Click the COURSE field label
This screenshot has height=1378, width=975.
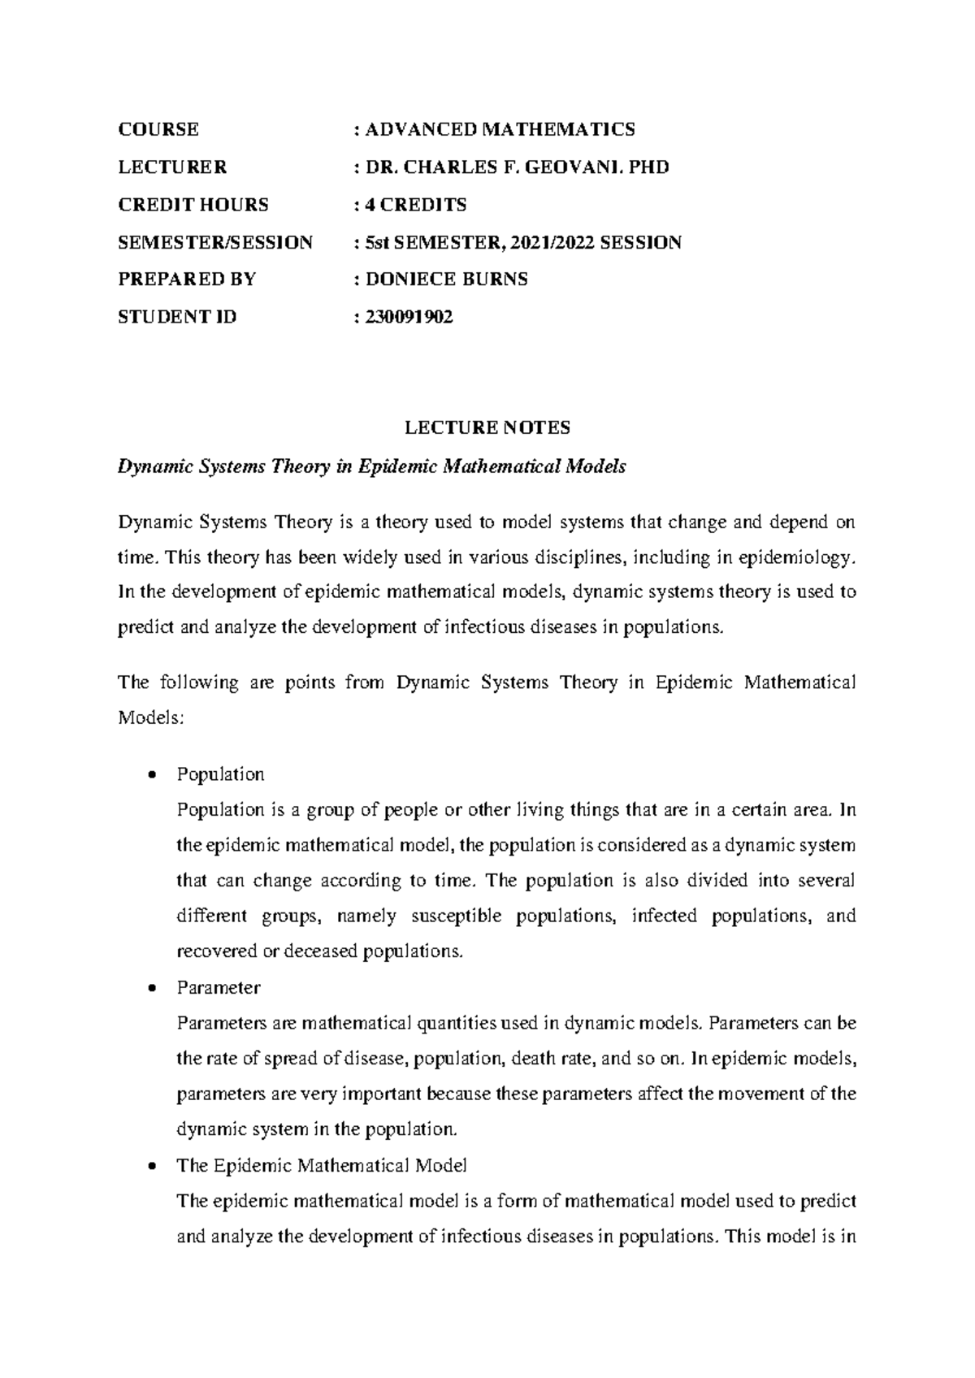tap(158, 129)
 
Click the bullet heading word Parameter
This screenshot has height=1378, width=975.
tap(218, 988)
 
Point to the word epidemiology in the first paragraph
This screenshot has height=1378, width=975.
tap(808, 557)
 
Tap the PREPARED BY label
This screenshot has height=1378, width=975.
tap(187, 279)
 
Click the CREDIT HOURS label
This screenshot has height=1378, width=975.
tap(193, 205)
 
